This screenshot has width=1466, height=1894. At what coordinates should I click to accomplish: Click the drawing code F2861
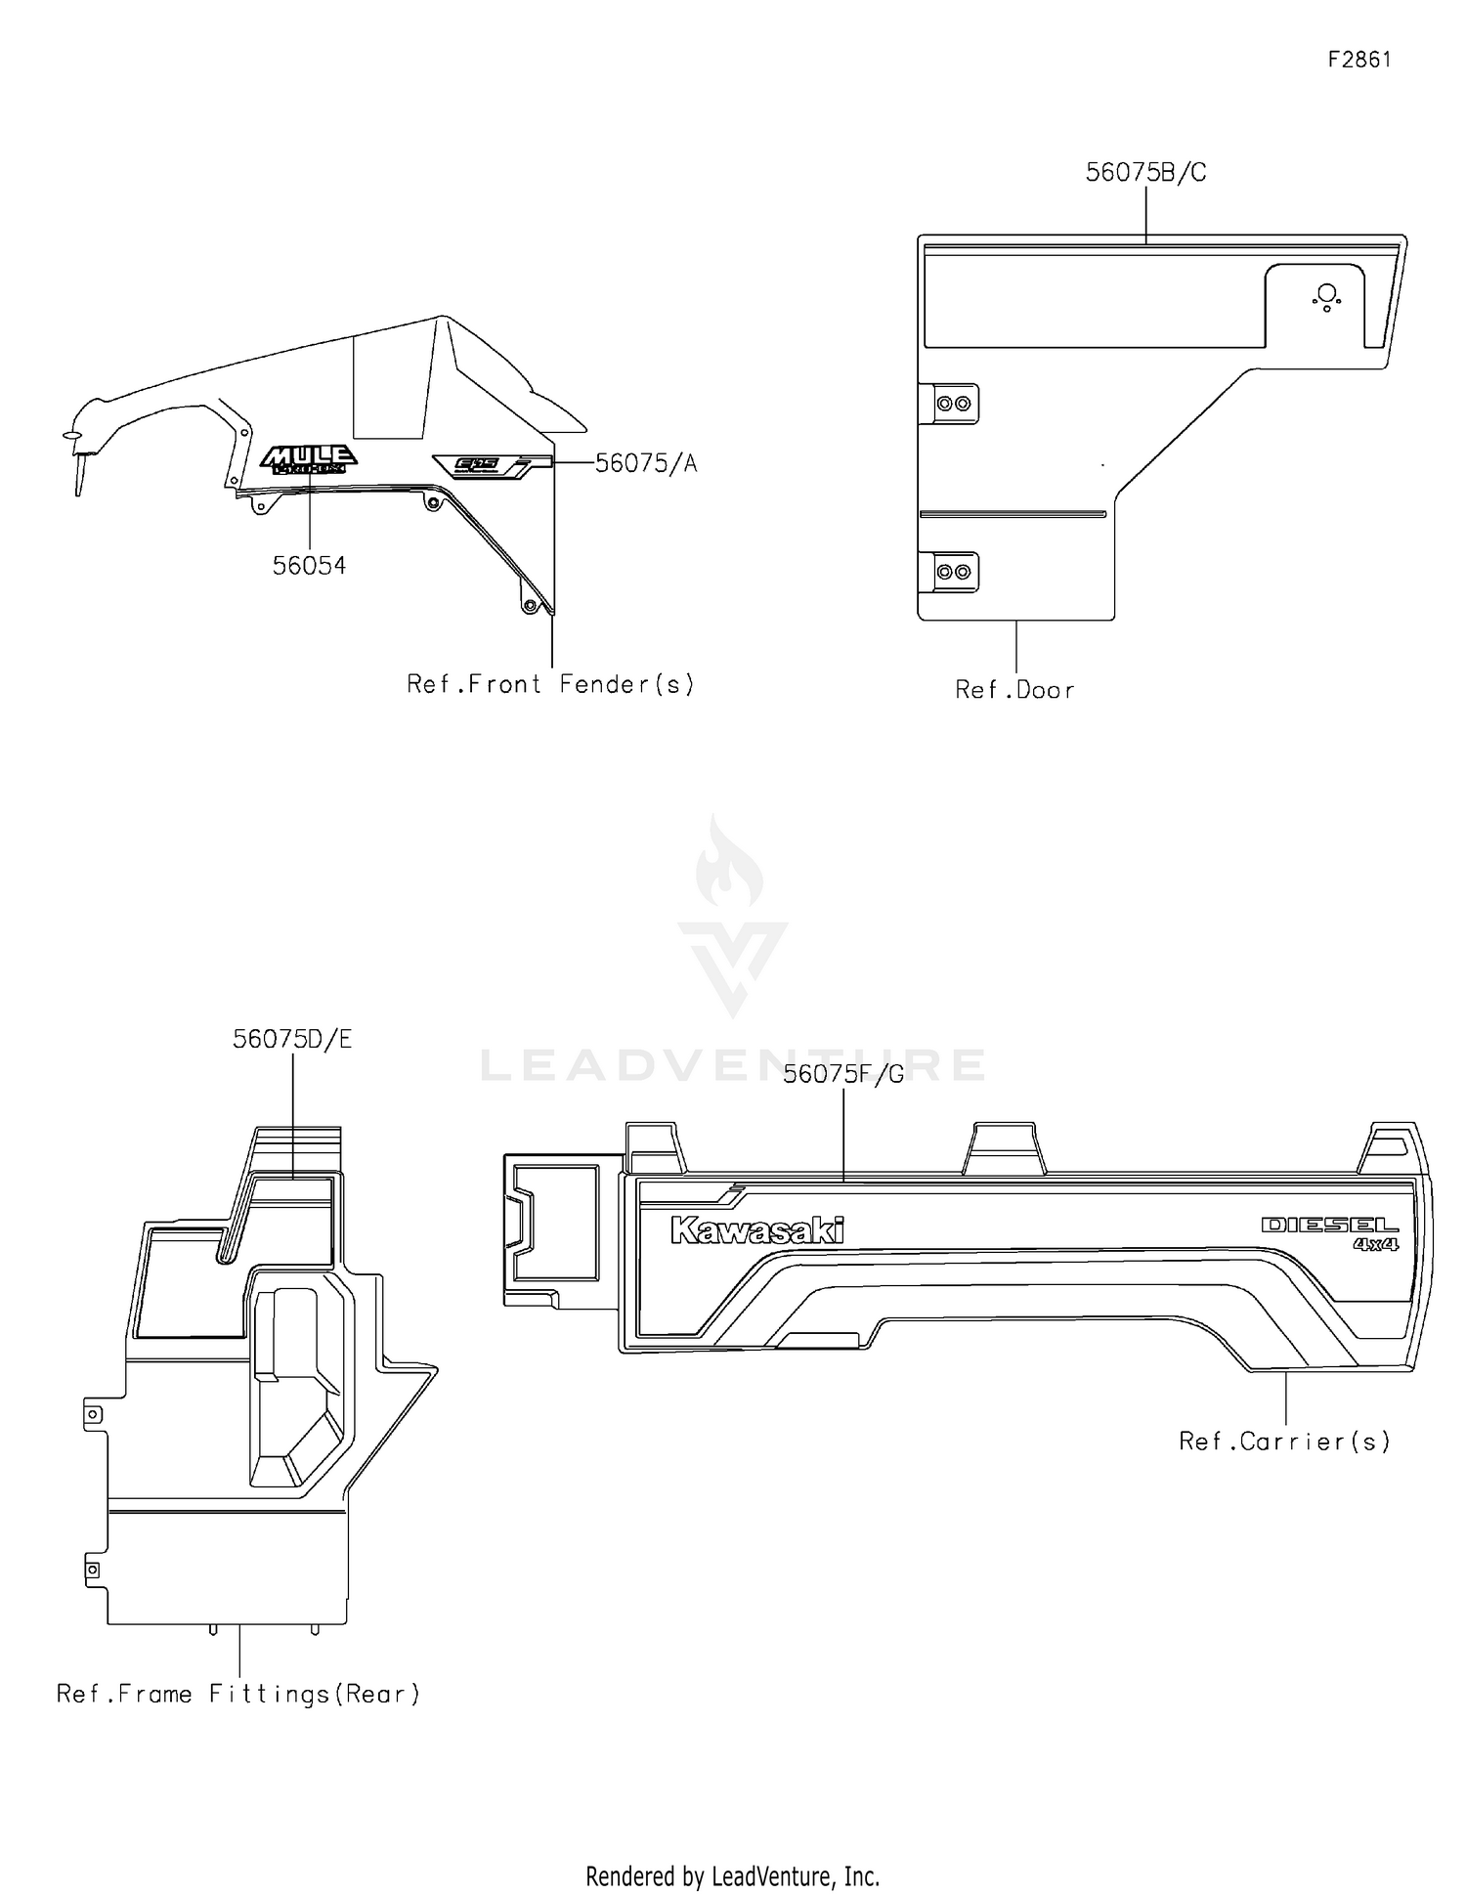click(1358, 60)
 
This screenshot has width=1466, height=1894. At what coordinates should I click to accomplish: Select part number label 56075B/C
click(1145, 173)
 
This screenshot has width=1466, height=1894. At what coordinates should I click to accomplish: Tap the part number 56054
click(309, 566)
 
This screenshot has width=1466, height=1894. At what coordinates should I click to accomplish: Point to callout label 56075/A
click(646, 463)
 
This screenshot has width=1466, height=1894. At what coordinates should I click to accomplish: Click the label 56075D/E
click(292, 1040)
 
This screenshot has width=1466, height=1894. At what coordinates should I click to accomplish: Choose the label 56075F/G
click(843, 1075)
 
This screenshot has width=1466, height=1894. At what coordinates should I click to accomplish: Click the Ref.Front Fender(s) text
click(550, 684)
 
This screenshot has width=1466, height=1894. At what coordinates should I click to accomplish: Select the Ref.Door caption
click(1014, 690)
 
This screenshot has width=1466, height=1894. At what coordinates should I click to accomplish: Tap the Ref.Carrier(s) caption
click(1284, 1442)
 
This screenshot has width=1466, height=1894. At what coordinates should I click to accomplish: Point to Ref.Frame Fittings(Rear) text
click(238, 1694)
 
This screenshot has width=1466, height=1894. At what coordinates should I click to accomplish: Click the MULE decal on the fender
click(308, 459)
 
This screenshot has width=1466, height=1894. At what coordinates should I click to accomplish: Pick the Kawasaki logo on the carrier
click(756, 1230)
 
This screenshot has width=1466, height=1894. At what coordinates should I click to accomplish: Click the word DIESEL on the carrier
click(1329, 1225)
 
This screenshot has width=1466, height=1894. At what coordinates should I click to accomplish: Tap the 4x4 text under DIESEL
click(1375, 1245)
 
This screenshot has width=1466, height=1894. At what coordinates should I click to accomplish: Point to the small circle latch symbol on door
click(1326, 295)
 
